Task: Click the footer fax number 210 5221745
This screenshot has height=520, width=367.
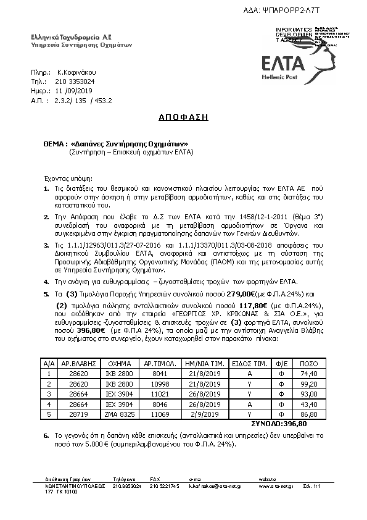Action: (164, 486)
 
